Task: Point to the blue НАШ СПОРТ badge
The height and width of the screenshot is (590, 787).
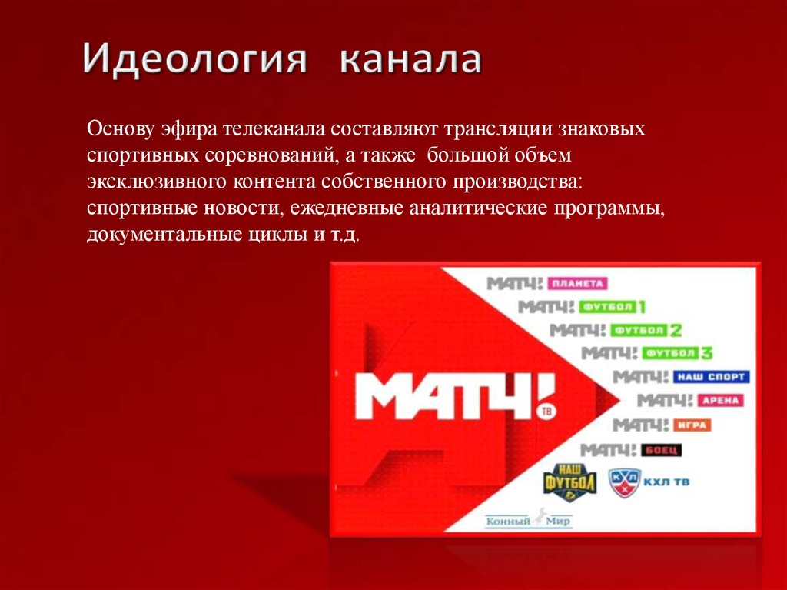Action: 710,377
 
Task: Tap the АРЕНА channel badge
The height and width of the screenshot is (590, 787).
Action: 719,401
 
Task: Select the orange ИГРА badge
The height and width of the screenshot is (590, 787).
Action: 691,425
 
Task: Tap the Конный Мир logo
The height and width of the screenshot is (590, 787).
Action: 528,519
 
